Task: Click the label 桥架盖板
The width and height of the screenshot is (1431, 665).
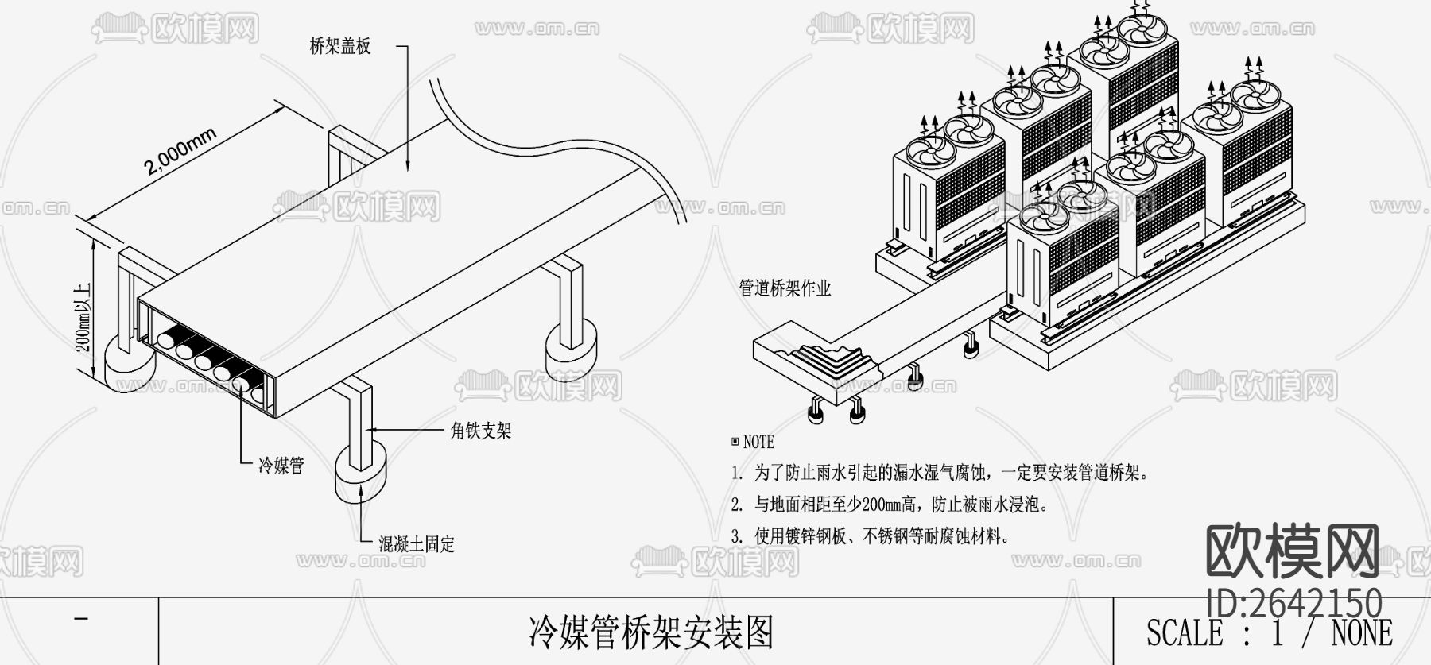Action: [x=339, y=47]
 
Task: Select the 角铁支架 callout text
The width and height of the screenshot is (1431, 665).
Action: [x=480, y=431]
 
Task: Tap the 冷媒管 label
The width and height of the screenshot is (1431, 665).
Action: [x=281, y=466]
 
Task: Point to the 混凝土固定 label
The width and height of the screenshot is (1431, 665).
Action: [x=417, y=545]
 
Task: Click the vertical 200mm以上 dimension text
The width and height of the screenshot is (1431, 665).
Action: [x=83, y=318]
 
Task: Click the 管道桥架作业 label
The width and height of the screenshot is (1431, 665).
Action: [x=785, y=288]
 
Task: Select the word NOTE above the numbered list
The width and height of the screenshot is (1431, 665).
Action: [x=758, y=442]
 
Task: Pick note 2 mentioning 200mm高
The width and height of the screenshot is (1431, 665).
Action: [x=890, y=505]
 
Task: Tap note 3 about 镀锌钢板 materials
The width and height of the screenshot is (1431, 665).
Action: [x=871, y=536]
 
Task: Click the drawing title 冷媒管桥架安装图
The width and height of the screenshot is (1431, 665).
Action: [x=650, y=633]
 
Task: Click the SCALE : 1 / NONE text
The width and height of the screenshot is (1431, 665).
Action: [x=1269, y=633]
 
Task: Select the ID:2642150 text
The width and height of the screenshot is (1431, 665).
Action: [x=1294, y=603]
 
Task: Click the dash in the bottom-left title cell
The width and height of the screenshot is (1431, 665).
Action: [x=79, y=619]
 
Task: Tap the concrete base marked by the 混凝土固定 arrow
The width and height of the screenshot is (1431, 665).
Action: [x=361, y=474]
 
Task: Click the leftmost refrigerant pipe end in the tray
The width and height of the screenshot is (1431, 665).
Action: [x=168, y=340]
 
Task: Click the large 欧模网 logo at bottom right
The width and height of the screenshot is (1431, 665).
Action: [x=1293, y=552]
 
